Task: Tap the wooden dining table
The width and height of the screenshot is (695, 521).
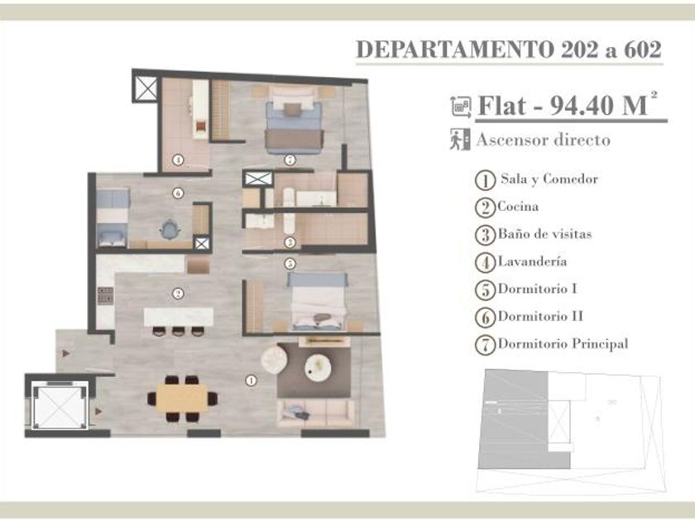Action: coord(182,398)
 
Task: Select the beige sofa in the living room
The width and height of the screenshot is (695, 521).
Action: coord(316,413)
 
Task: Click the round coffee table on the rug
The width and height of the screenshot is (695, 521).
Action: coord(318,367)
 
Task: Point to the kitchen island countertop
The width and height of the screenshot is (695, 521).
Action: coord(179,318)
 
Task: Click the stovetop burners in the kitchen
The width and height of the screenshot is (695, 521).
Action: coord(106,296)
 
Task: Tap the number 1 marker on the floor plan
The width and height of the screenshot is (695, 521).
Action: coord(251,380)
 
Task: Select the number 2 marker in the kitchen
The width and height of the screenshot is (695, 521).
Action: coord(178,294)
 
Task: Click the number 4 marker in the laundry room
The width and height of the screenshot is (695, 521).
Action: coord(178,160)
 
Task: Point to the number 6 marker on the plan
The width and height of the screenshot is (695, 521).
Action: coord(178,194)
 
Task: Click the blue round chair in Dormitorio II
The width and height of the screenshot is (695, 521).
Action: coord(170,230)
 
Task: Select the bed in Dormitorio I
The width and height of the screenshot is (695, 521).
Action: coord(318,302)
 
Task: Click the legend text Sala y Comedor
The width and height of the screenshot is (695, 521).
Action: coord(549,179)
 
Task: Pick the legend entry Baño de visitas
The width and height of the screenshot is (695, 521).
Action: coord(544,234)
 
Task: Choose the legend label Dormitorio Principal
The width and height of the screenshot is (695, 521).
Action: coord(563,344)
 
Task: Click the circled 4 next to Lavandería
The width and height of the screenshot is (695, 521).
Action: coord(486,263)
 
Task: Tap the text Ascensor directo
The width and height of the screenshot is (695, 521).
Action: coord(544,140)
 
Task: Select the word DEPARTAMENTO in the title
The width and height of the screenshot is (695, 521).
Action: coord(455,49)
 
